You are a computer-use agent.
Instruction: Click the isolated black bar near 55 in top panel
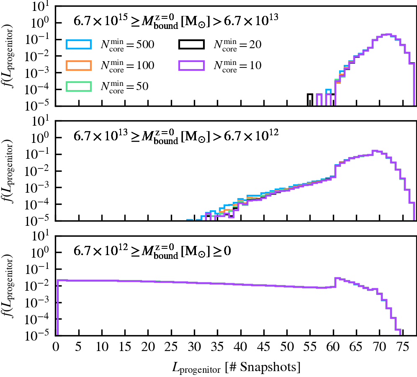[x=310, y=100]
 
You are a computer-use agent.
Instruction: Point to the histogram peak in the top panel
[x=388, y=34]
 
